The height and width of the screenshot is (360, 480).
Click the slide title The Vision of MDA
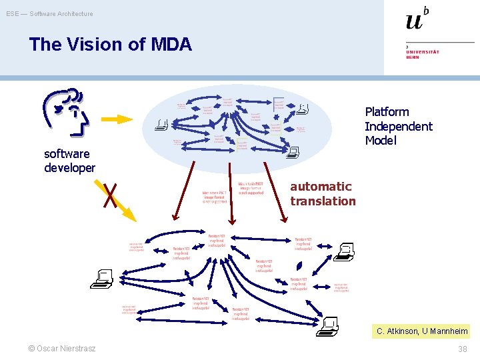[x=110, y=45]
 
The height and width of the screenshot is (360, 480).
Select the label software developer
[x=69, y=161]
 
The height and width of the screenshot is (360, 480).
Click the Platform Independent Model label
[x=398, y=126]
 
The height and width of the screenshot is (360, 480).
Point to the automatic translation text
[x=323, y=194]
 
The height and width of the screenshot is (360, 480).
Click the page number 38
[x=462, y=349]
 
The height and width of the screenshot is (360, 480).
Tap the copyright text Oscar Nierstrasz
[x=62, y=349]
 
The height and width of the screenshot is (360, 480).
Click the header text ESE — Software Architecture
[x=50, y=13]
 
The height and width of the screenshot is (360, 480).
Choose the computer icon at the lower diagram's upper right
[x=345, y=252]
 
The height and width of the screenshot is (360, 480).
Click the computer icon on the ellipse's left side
[x=161, y=124]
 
